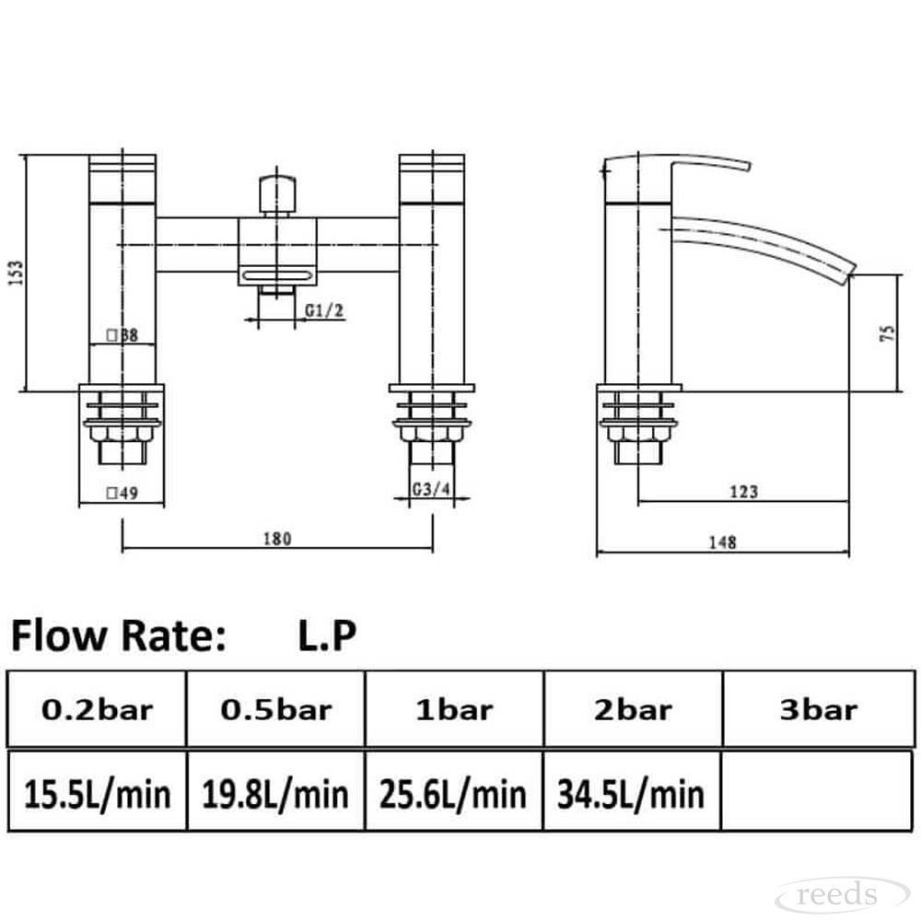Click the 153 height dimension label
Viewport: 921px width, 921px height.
tap(16, 274)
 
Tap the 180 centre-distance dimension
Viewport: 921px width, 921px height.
tap(277, 539)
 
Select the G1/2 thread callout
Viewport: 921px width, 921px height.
tap(323, 310)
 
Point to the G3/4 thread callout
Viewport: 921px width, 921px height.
tap(431, 489)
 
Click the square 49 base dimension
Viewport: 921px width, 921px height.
tap(122, 493)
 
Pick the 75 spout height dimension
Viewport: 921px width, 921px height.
tap(888, 333)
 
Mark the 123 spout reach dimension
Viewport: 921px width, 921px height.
tap(743, 491)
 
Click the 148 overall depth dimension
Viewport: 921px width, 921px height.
tap(722, 542)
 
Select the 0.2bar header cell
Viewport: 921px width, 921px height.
tap(97, 709)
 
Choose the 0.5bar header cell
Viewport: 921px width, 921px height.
tap(276, 709)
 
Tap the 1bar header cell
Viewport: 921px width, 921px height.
tap(454, 709)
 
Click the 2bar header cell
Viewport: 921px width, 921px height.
tap(633, 709)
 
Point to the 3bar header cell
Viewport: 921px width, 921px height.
tap(818, 709)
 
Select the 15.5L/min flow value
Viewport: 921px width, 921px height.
tap(97, 794)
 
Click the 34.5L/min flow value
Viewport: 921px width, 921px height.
tap(631, 794)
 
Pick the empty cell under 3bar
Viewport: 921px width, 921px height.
tap(817, 791)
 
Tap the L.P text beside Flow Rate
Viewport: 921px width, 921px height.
tap(327, 635)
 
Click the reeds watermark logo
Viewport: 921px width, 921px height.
tap(842, 895)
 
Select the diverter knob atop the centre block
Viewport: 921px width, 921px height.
tap(277, 195)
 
